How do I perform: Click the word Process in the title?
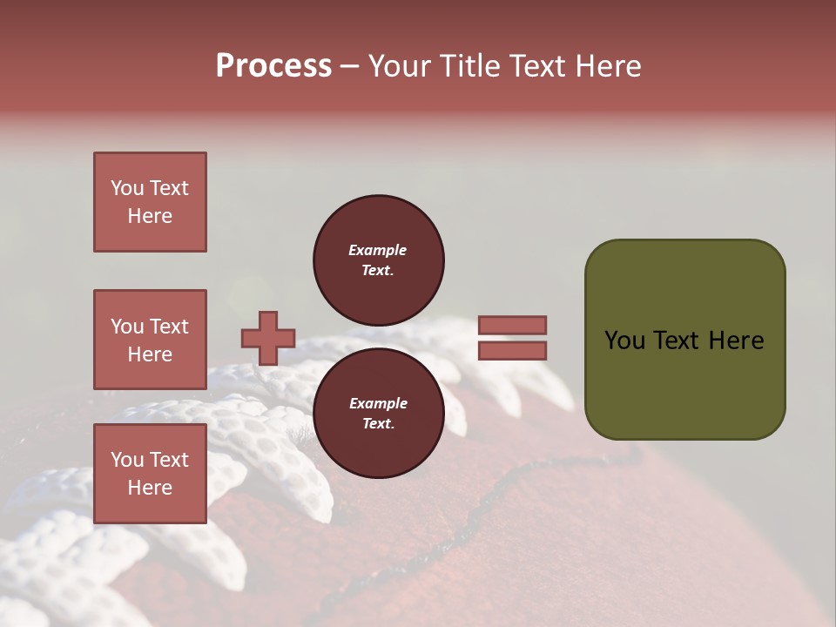tap(273, 66)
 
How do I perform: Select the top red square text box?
tap(150, 202)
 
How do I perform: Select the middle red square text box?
tap(150, 340)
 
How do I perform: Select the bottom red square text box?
tap(150, 474)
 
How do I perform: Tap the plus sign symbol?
tap(267, 338)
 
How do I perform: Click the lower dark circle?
tap(378, 413)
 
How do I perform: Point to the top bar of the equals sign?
tap(512, 325)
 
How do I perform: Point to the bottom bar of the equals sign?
tap(512, 350)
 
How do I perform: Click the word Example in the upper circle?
tap(378, 250)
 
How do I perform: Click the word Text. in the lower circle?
tap(378, 424)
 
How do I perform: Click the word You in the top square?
tap(126, 188)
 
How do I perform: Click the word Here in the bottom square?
tap(150, 488)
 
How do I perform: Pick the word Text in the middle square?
tap(169, 327)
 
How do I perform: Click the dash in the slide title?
tap(349, 66)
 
